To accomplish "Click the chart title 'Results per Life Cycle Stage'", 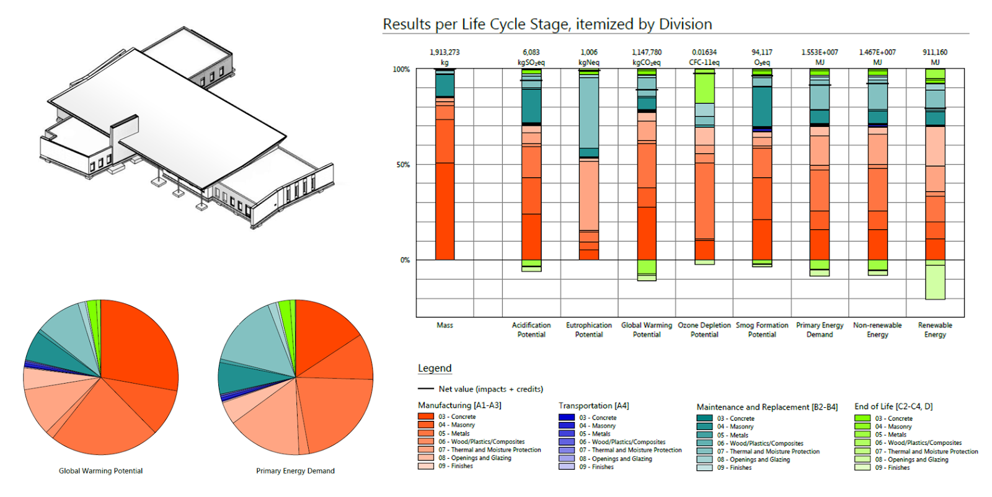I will tap(547, 24).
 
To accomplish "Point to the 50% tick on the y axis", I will tap(403, 165).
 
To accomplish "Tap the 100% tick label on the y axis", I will tap(401, 69).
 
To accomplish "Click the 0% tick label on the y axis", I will tap(405, 260).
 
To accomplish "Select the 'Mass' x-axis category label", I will tap(445, 325).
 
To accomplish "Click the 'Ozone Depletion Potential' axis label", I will tap(704, 330).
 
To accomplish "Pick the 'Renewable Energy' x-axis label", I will tap(935, 330).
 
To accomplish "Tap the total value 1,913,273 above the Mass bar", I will tap(445, 53).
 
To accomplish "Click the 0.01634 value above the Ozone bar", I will tap(704, 53).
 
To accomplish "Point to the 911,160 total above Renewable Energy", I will tap(935, 53).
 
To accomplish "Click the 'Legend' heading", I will tap(435, 368).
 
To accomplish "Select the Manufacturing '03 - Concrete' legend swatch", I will tap(425, 417).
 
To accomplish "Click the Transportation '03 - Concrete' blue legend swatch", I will tap(566, 418).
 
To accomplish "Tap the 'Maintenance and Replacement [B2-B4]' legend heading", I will tap(767, 407).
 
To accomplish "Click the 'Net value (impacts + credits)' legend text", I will tap(490, 389).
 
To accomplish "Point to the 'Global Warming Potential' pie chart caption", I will tap(100, 471).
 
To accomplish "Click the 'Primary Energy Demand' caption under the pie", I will tap(295, 471).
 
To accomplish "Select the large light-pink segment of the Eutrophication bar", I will tap(589, 195).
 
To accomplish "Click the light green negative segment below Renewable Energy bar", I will tap(935, 282).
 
